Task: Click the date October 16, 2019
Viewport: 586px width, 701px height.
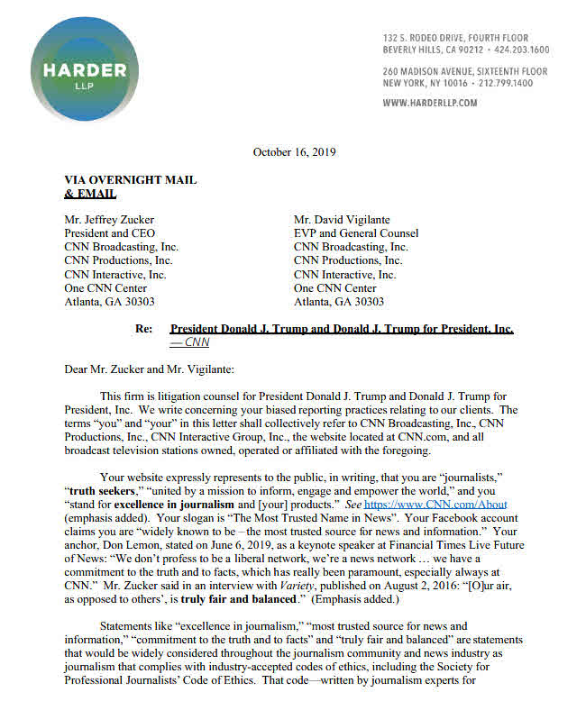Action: point(295,152)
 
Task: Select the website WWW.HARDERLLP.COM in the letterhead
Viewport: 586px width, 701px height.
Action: point(430,104)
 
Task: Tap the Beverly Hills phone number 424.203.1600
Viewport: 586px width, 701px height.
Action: point(518,50)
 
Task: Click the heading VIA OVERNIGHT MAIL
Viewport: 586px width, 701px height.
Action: point(130,180)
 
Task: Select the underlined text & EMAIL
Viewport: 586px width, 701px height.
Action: point(90,193)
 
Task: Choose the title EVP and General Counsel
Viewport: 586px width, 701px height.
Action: point(356,233)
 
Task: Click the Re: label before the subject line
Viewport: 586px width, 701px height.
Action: point(143,330)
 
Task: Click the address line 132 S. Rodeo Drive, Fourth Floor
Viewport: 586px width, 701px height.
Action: point(465,38)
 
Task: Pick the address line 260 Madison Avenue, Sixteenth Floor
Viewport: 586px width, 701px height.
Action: point(464,71)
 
